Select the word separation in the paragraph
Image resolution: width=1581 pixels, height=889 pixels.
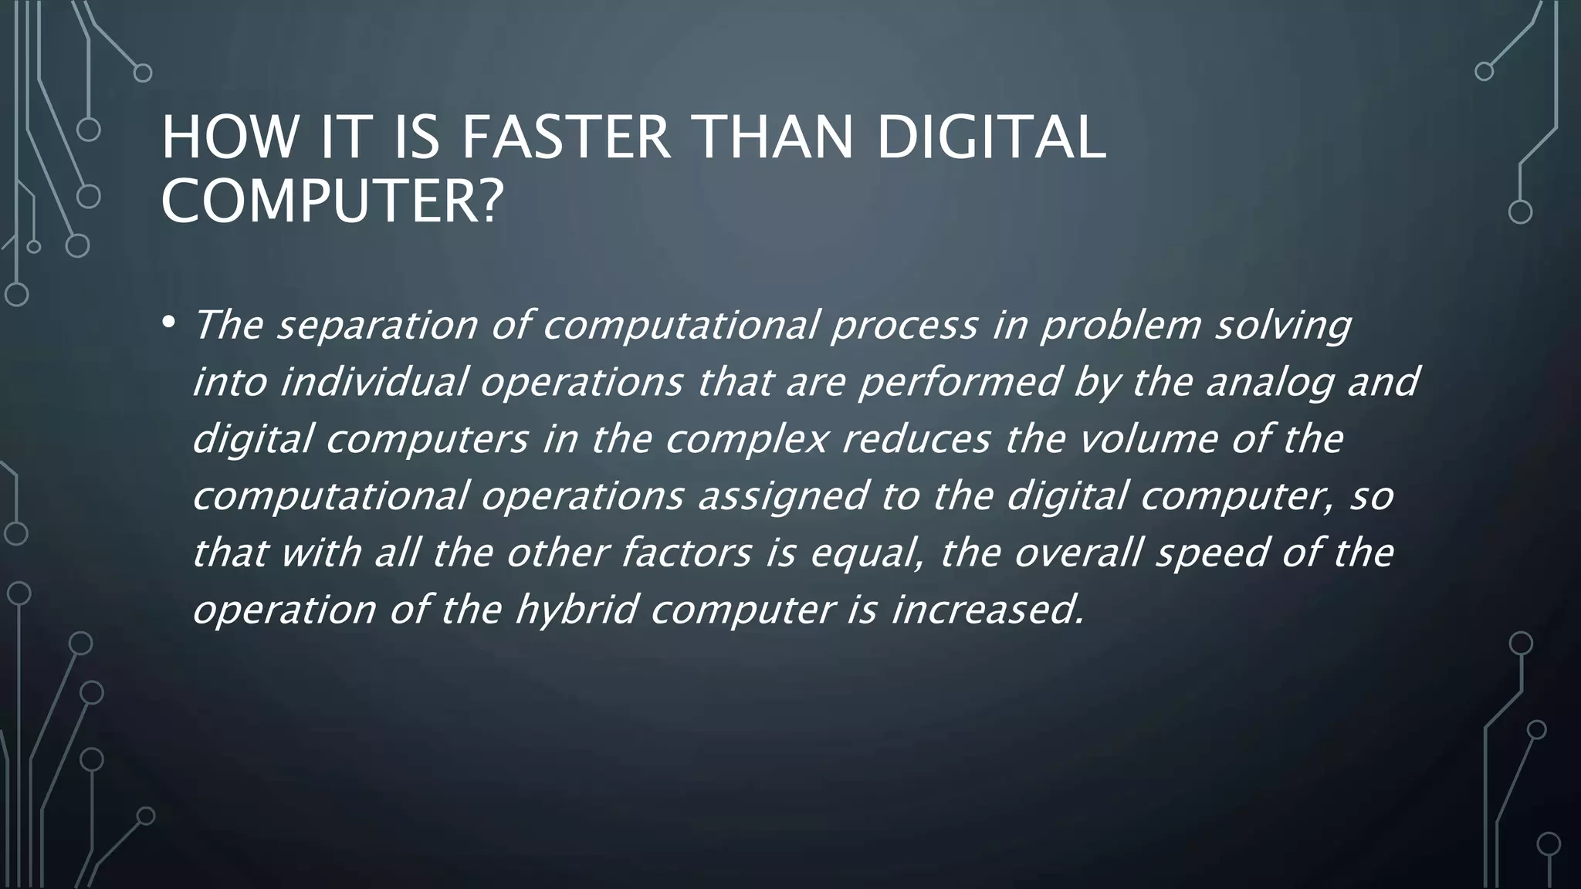[377, 325]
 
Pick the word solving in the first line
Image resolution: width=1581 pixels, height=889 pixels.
[1282, 326]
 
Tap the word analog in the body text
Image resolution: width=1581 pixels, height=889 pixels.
[1270, 384]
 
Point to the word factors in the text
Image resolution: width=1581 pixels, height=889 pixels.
[686, 553]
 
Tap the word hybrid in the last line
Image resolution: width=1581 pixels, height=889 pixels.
[576, 610]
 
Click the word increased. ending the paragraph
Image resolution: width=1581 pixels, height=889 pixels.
[987, 610]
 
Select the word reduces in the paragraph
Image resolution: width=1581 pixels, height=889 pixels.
[916, 439]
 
